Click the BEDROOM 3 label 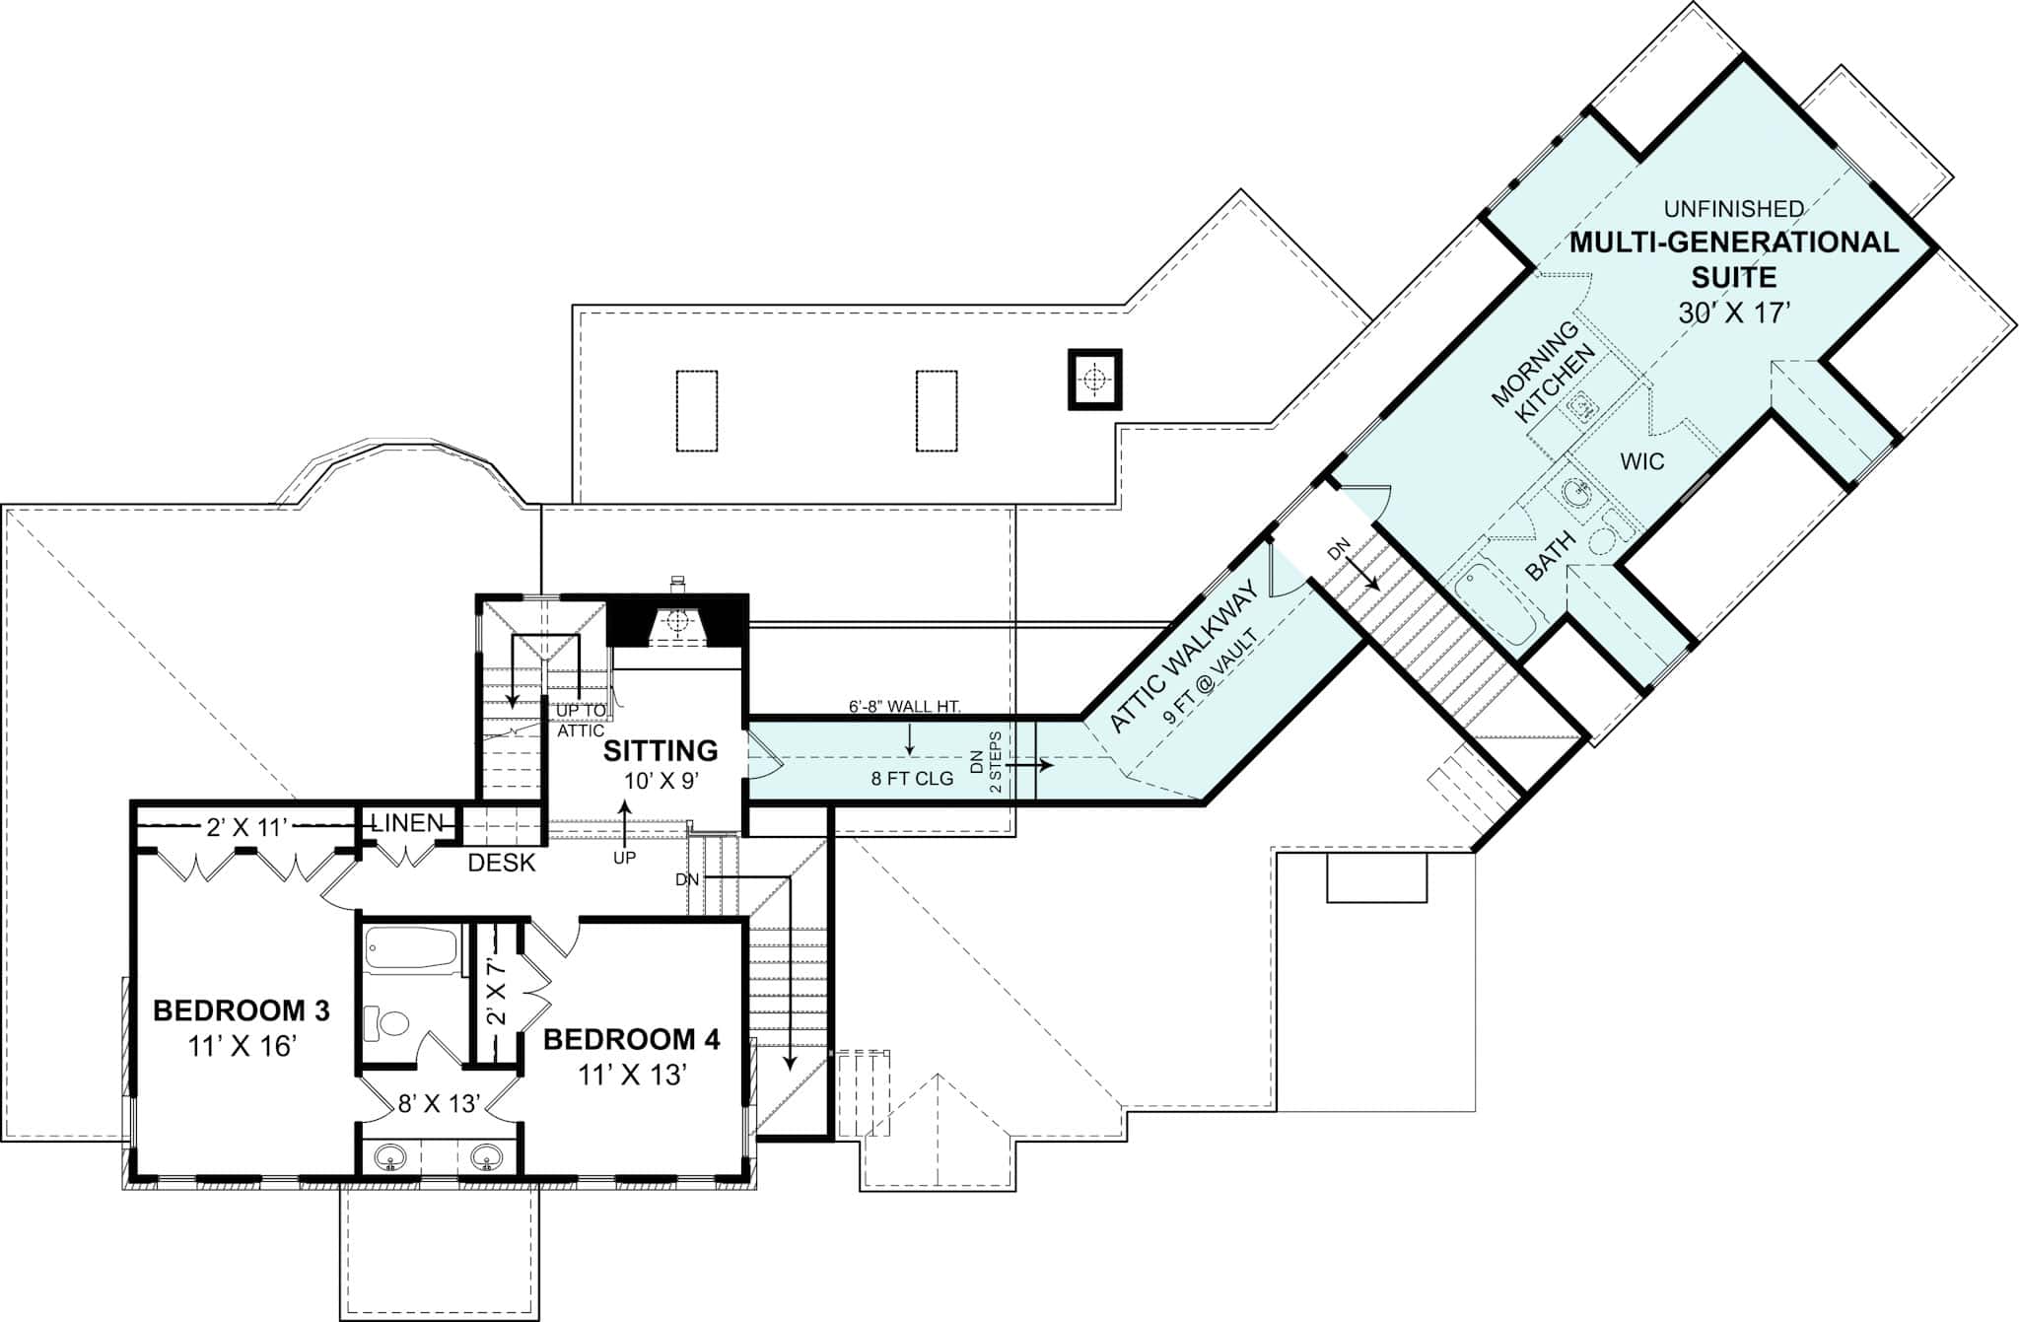pos(242,1010)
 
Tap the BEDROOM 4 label pos(631,1039)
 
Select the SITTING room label pos(661,751)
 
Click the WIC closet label pos(1642,460)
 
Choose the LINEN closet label pos(406,822)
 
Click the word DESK pos(502,863)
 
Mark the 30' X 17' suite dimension pos(1733,313)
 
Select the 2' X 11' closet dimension pos(246,828)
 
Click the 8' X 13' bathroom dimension pos(439,1103)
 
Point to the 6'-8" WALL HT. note pos(904,706)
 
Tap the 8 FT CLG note pos(912,779)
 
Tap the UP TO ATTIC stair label pos(581,721)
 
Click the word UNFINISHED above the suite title pos(1734,209)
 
